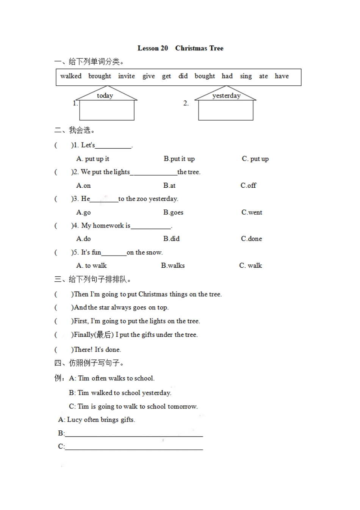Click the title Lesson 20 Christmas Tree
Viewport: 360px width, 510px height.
point(180,48)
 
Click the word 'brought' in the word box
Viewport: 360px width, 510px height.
point(100,76)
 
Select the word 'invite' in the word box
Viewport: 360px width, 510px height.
point(126,76)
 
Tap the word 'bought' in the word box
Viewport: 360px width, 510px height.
point(205,76)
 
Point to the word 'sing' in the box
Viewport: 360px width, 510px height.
point(246,76)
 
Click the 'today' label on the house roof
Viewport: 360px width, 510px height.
point(105,96)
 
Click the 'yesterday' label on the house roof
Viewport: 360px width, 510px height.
point(226,96)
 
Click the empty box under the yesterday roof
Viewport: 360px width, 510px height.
point(225,110)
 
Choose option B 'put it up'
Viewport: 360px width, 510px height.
point(179,158)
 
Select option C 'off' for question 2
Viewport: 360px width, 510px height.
point(249,185)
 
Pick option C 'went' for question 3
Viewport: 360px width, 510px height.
point(252,212)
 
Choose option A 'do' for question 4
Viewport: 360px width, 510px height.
point(84,239)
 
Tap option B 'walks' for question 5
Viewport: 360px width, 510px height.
point(173,265)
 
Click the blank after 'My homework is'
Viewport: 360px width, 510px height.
point(151,226)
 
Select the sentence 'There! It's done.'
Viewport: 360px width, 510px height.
point(97,350)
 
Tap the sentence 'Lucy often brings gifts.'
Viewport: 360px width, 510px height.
point(101,419)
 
